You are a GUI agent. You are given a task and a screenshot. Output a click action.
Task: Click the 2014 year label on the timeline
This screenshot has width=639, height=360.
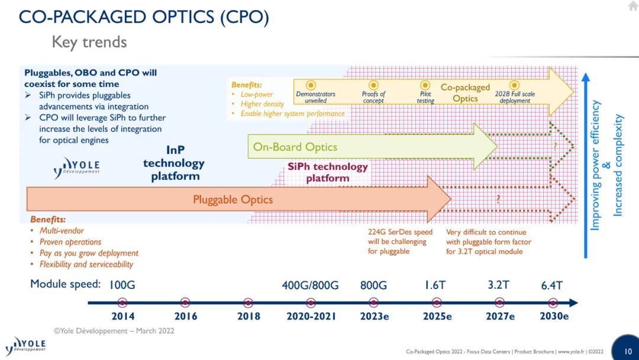coord(123,316)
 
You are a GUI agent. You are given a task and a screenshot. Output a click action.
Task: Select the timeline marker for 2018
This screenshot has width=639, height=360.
coord(248,303)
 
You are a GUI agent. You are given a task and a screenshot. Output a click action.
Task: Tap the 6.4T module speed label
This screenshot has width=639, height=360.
coord(552,285)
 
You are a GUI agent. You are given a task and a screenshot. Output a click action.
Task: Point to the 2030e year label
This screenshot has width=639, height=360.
coord(554,316)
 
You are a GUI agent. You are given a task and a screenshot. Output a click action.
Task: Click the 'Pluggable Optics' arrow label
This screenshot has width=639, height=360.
coord(233,200)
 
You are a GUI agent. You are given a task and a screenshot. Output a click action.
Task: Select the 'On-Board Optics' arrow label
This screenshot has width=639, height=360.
coord(295,147)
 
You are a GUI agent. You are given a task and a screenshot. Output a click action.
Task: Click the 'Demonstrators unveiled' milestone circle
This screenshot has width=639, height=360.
coord(311,85)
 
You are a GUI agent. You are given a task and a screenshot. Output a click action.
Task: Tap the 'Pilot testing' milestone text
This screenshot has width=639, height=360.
coord(425,98)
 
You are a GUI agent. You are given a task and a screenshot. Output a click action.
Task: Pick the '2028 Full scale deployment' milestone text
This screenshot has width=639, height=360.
coord(515,98)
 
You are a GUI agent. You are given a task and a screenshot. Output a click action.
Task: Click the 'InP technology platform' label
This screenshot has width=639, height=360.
coord(174,163)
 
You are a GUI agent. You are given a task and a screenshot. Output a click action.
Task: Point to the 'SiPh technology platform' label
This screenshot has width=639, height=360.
coord(328,172)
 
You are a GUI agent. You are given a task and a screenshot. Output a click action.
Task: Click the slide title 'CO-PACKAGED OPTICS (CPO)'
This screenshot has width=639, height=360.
coord(144,17)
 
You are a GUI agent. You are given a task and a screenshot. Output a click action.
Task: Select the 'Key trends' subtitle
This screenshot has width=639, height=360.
coord(89,42)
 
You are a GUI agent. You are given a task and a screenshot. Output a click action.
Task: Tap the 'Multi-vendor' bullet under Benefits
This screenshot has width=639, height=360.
coord(62,231)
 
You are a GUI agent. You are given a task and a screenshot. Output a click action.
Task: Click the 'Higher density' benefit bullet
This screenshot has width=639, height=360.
coord(262,104)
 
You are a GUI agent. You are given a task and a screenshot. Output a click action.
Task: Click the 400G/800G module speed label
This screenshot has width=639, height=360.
coord(310,285)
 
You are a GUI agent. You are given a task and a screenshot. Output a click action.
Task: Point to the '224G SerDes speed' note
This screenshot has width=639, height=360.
coord(400,232)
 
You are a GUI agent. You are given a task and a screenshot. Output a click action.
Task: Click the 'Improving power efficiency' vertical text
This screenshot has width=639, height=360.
coord(595,165)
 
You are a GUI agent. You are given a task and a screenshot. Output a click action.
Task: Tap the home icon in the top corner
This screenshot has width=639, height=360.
coord(633,5)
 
